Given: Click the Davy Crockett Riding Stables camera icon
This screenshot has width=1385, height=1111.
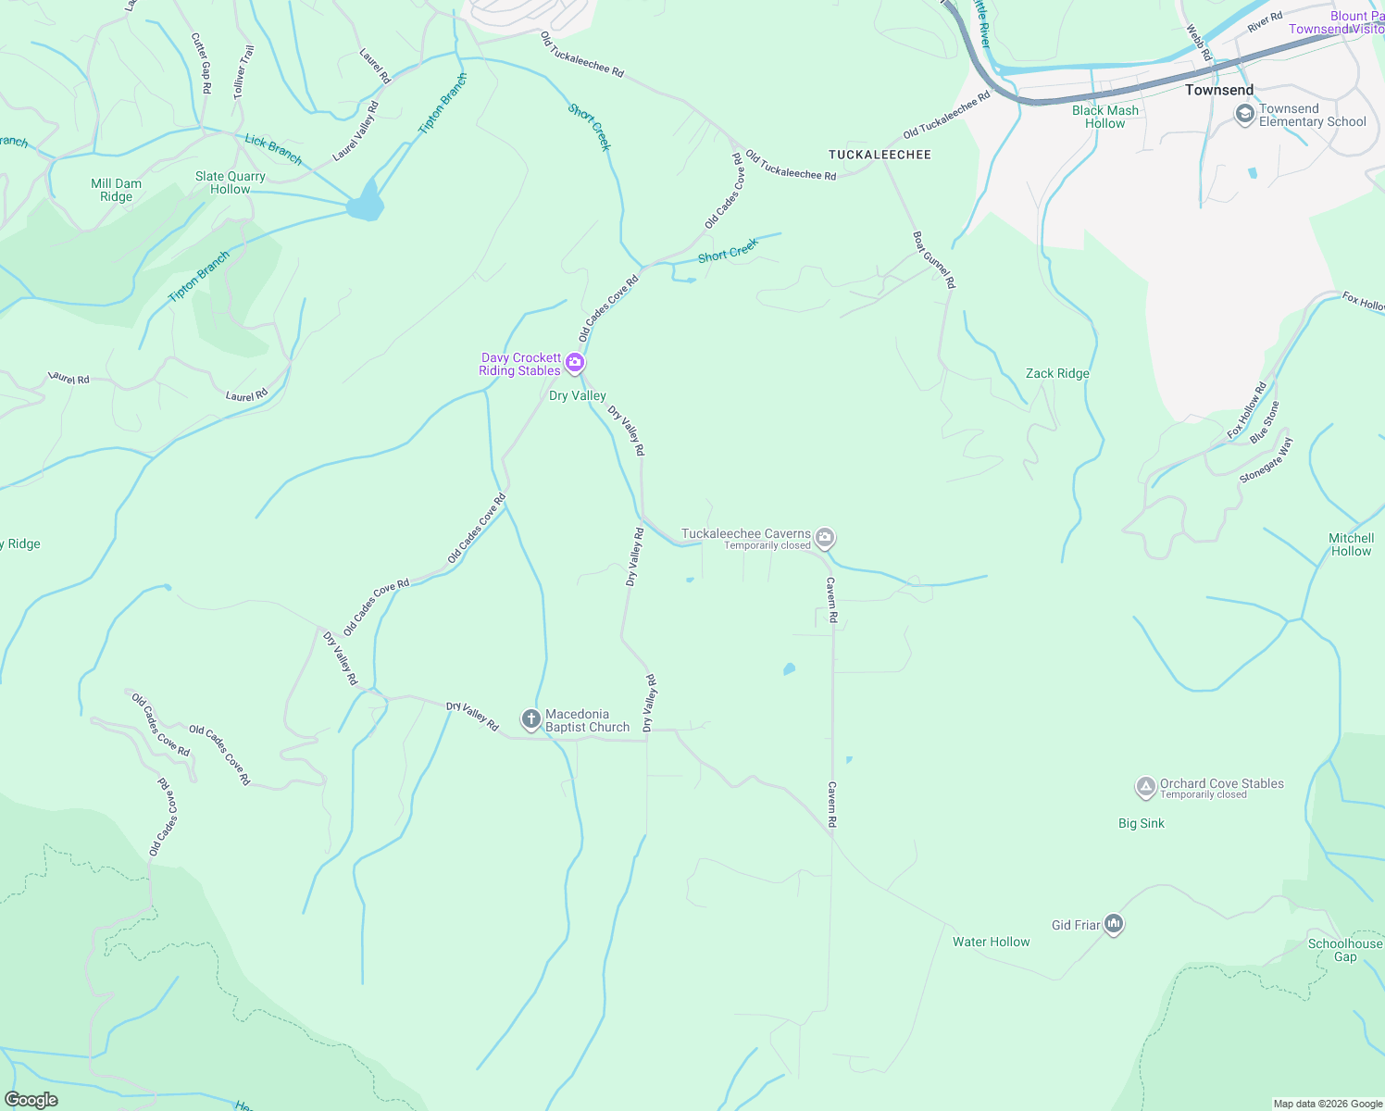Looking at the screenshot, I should [x=575, y=362].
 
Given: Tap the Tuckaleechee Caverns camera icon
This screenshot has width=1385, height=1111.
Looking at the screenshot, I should [x=825, y=537].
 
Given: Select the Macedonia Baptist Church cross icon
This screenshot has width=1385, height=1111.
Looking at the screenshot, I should [x=530, y=718].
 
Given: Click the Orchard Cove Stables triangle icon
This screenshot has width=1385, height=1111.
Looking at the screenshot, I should [x=1145, y=787].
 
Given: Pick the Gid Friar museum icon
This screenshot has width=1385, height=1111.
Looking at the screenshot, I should [x=1114, y=924].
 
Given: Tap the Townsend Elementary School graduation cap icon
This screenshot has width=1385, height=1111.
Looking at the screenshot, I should [x=1245, y=113].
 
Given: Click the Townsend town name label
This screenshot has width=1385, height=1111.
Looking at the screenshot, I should [x=1219, y=90].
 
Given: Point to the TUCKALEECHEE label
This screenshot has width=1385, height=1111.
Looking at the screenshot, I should [x=880, y=155].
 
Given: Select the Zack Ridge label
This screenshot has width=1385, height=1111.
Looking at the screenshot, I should [x=1057, y=374].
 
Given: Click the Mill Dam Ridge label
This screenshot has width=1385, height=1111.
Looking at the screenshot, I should [x=117, y=190].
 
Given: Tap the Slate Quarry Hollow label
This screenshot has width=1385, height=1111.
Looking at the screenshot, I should [x=231, y=182].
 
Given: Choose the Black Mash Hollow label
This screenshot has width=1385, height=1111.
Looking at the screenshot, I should [x=1105, y=117].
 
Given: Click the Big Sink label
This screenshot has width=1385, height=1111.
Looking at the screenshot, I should [x=1141, y=823].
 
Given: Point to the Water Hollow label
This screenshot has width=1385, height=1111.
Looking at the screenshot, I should [x=991, y=942].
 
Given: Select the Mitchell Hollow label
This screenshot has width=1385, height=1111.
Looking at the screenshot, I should [x=1351, y=544].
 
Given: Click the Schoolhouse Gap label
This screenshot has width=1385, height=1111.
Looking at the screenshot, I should [x=1344, y=950].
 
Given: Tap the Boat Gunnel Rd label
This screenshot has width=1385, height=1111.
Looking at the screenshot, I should [x=933, y=260].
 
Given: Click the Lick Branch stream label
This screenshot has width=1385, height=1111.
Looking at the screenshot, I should [x=273, y=150].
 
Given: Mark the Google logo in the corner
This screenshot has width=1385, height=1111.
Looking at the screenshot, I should [x=31, y=1099].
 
